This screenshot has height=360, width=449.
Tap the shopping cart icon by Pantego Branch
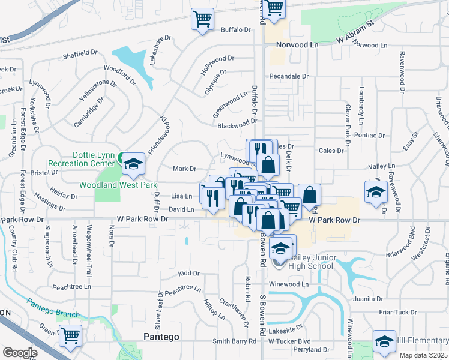point(71,336)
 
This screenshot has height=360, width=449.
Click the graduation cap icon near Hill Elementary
point(384,341)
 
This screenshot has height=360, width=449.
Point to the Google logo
point(19,353)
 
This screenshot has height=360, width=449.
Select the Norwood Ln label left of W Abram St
point(297,45)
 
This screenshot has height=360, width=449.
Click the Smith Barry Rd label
point(234,341)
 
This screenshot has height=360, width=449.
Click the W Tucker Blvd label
point(289,341)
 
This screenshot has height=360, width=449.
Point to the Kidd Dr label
point(188,273)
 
